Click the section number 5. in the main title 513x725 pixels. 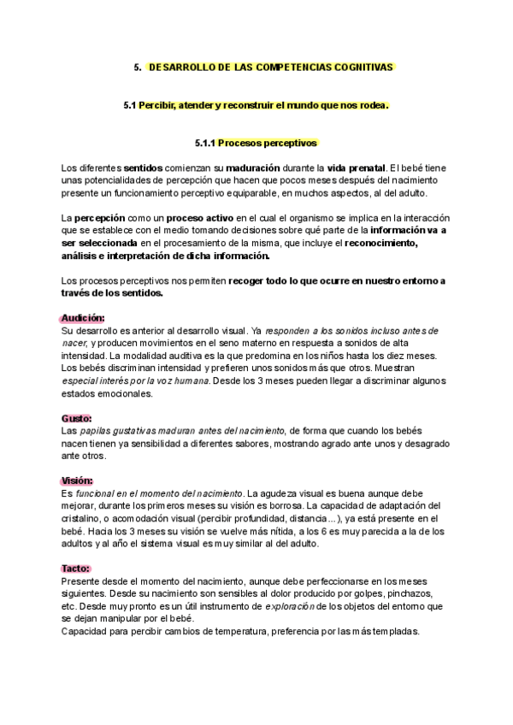(x=138, y=66)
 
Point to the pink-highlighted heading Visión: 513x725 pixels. (x=78, y=480)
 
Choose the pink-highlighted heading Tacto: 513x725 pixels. (x=76, y=568)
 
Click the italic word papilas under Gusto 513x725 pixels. (x=97, y=431)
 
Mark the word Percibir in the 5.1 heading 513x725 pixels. (x=162, y=105)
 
